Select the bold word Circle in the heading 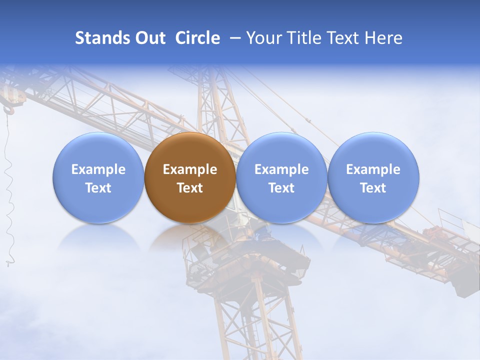point(197,38)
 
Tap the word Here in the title point(384,38)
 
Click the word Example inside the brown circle point(190,169)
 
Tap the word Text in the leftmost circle point(98,188)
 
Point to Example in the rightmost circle point(373,169)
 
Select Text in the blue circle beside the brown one point(281,188)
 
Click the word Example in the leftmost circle point(98,169)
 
